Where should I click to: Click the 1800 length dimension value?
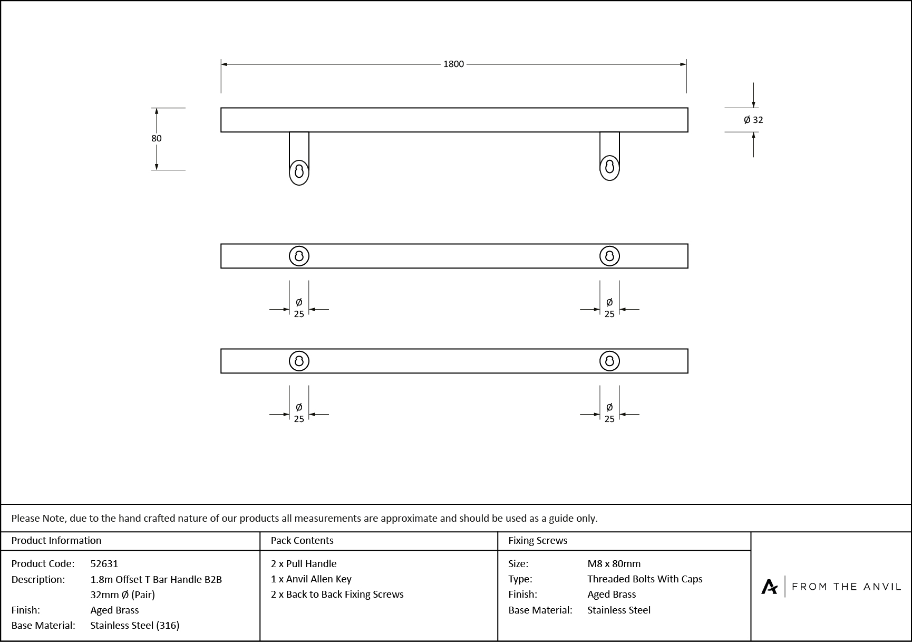pos(453,64)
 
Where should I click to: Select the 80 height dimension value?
pos(157,138)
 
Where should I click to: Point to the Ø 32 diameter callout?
pos(753,120)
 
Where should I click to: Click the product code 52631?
pos(104,563)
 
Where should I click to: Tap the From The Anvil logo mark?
pos(769,587)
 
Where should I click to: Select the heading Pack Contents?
pos(302,540)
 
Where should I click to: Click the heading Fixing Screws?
pos(538,540)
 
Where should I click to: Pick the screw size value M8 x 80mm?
pos(614,563)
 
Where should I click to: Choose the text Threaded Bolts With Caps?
pos(645,579)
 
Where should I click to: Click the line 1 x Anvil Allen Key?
pos(311,579)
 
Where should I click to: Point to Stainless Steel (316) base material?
pos(135,625)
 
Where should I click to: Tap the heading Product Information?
pos(56,540)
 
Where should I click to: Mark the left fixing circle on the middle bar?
pos(299,256)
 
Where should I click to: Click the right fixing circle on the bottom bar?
pos(609,361)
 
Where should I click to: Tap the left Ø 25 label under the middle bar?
pos(299,308)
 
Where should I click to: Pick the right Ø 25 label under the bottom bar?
pos(609,413)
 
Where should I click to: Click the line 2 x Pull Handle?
pos(304,563)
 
